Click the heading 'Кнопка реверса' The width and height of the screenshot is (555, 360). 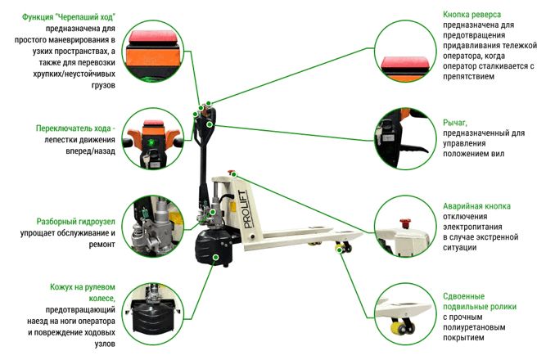[472, 15]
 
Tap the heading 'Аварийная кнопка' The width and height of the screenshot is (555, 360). [476, 206]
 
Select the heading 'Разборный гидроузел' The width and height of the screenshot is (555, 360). [76, 222]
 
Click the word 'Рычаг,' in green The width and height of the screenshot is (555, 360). [455, 123]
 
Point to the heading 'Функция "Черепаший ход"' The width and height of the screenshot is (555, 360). [69, 17]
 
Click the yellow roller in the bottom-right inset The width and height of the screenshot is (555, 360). [399, 328]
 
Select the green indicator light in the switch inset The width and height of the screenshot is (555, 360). [151, 143]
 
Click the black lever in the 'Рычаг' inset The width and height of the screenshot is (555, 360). [414, 149]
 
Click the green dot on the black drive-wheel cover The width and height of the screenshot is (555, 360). [214, 257]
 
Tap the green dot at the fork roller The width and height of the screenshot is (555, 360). [339, 250]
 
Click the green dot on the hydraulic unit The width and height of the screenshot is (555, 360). [212, 212]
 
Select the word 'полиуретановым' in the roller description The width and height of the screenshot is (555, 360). [474, 327]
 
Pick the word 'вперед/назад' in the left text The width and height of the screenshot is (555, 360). [90, 151]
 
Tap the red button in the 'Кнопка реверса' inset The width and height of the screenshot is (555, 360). [405, 63]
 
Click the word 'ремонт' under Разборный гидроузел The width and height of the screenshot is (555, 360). [102, 245]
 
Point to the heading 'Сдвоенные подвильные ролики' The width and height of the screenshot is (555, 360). [480, 301]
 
